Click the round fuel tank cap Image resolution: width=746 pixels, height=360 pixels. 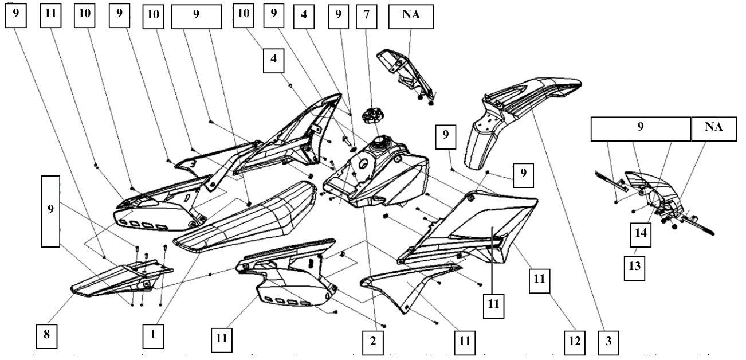[x=372, y=117]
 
